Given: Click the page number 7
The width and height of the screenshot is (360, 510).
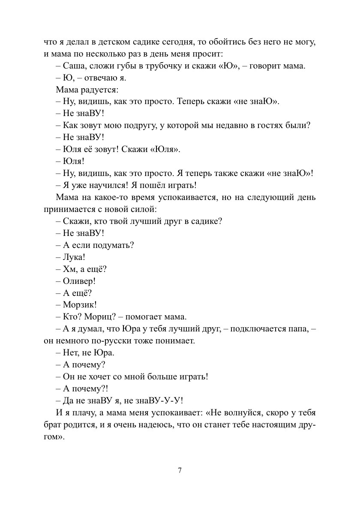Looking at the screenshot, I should (180, 471).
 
